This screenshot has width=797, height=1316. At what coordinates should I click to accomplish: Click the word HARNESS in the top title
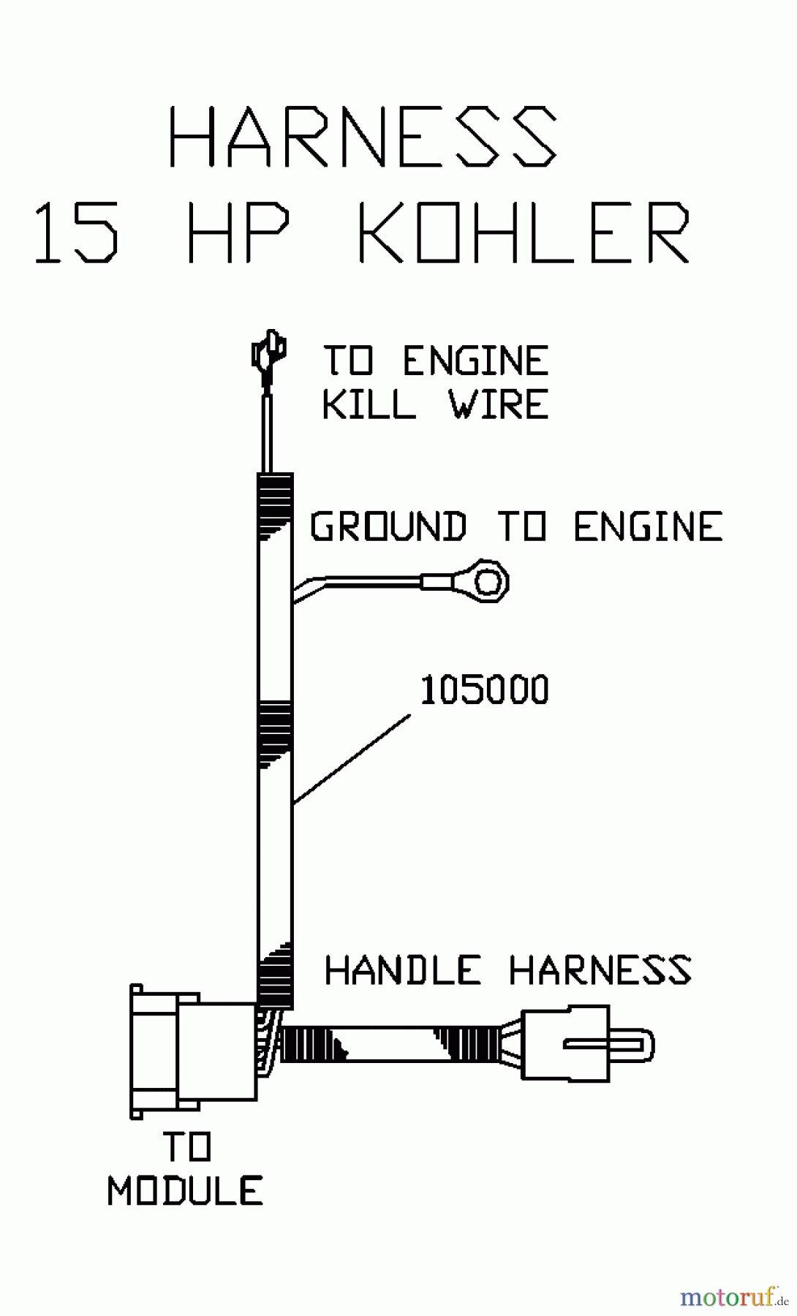pos(363,137)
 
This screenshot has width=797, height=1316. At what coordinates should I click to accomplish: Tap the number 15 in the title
pos(77,232)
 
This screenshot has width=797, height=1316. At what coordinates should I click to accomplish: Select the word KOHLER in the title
pos(524,232)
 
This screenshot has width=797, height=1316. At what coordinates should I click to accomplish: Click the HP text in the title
pos(238,232)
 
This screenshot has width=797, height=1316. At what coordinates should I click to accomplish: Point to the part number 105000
pos(484,690)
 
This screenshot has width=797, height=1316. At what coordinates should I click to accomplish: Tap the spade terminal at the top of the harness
pos(268,355)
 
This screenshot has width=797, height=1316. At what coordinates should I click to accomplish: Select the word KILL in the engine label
pos(369,404)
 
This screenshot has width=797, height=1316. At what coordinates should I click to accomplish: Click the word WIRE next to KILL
pos(499,404)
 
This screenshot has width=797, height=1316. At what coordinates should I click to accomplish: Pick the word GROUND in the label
pos(389,526)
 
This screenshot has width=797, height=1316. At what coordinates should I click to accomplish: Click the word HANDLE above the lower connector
pos(403,970)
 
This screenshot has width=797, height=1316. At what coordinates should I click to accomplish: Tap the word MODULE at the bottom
pos(186,1191)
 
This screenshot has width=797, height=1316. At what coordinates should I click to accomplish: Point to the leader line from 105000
pos(352,760)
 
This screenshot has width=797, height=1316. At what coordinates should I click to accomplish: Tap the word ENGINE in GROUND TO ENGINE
pos(649,526)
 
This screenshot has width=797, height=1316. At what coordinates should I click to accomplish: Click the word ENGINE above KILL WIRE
pos(476,360)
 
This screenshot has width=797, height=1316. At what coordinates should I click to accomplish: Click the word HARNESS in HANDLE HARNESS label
pos(600,970)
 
